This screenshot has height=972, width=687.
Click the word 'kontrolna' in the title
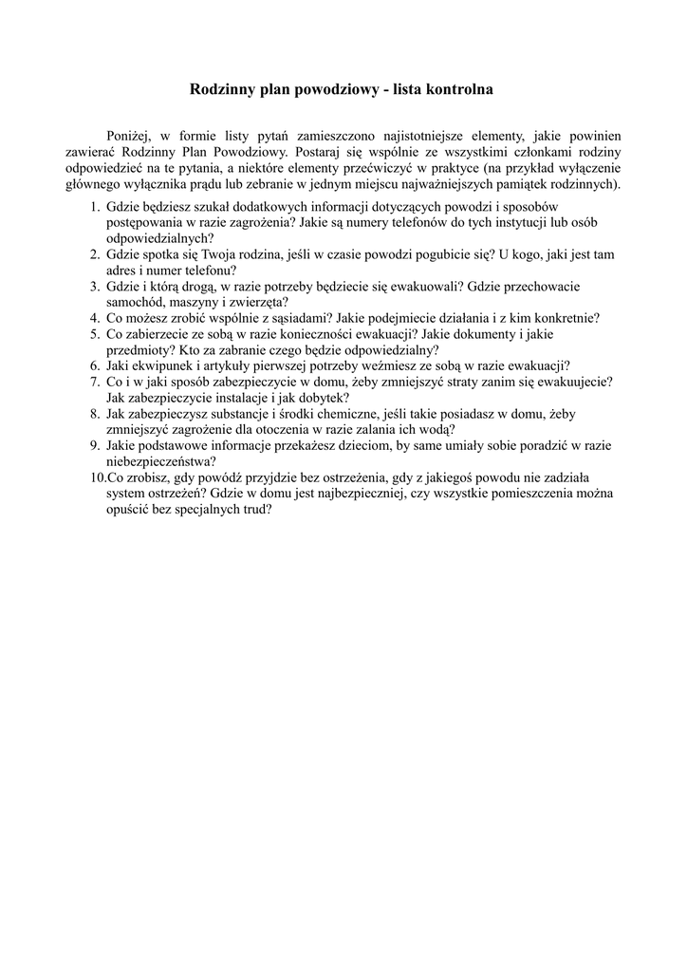[455, 90]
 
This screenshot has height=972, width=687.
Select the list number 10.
[96, 477]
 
